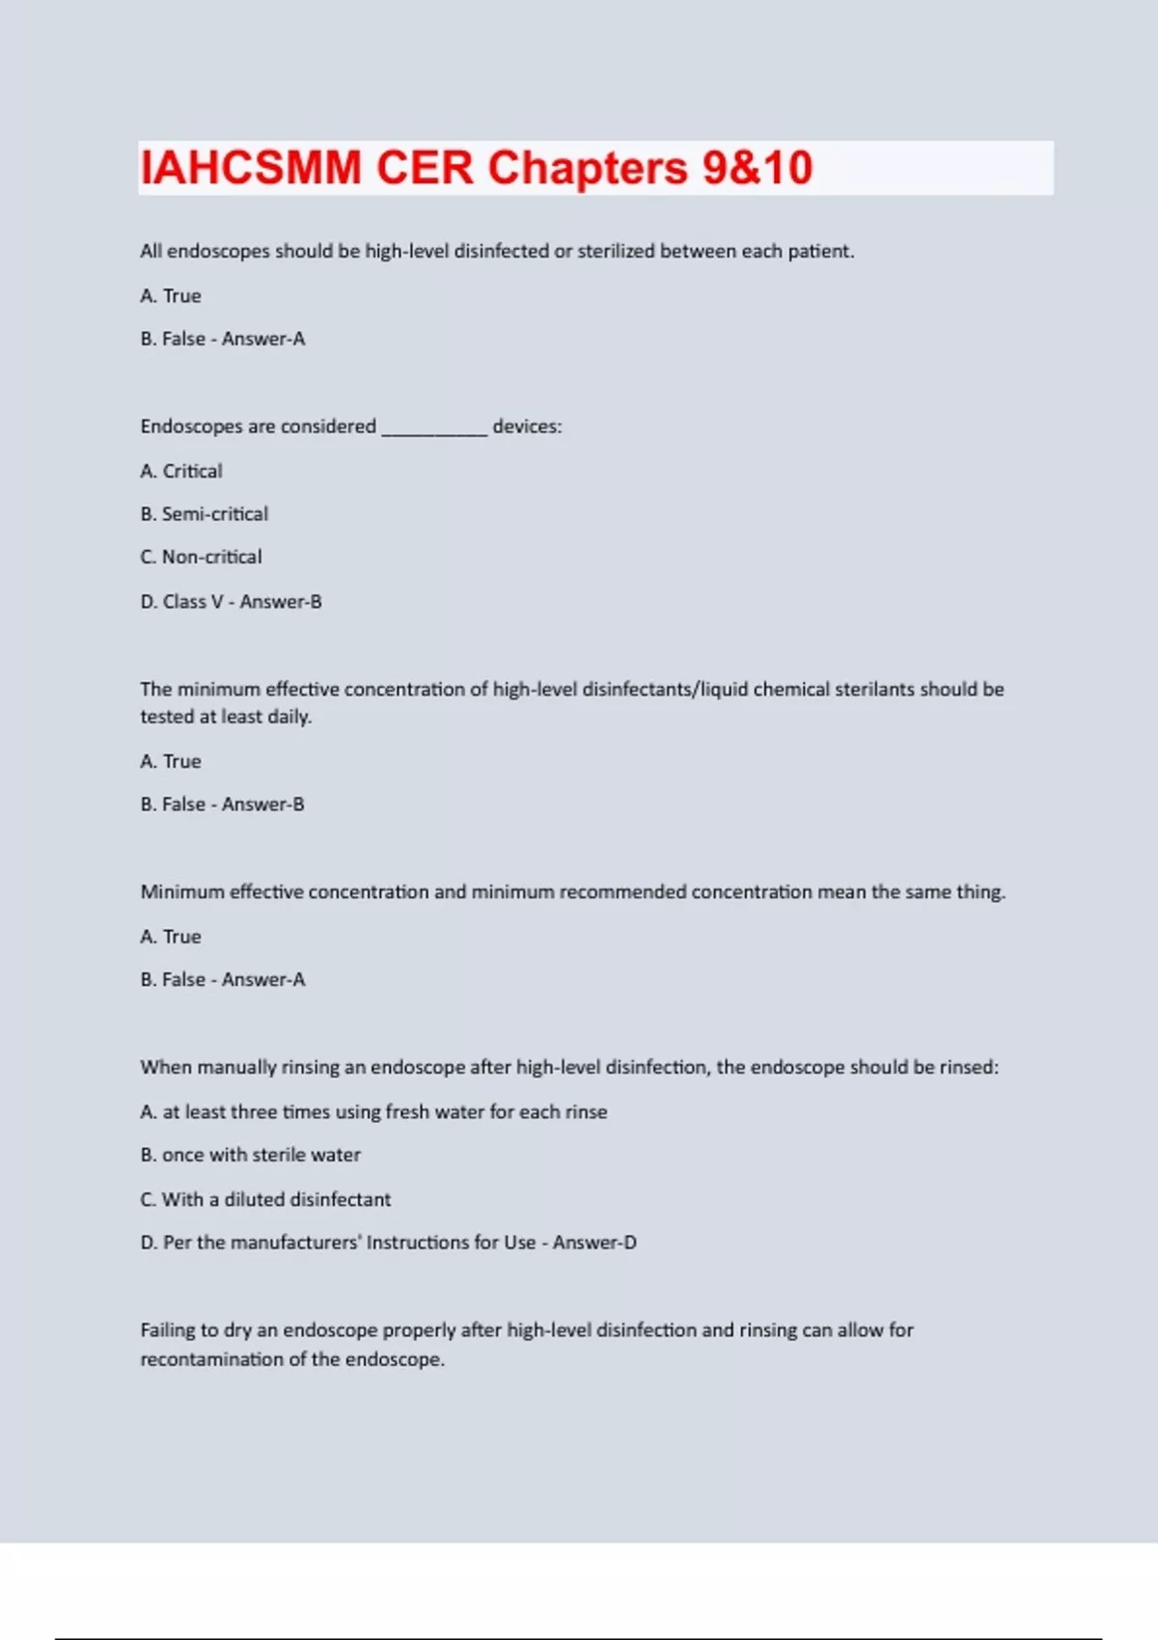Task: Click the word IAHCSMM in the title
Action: [x=251, y=168]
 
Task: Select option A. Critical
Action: [x=181, y=471]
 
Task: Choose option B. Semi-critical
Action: [x=205, y=514]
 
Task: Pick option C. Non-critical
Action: [x=201, y=557]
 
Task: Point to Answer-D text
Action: [x=594, y=1243]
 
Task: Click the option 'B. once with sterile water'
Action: [x=250, y=1155]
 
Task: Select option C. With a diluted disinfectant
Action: [x=265, y=1199]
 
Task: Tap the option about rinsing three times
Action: [x=373, y=1111]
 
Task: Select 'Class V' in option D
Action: [x=193, y=602]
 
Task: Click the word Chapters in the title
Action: [x=587, y=168]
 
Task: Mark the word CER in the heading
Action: [x=425, y=168]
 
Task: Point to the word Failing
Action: [x=167, y=1330]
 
